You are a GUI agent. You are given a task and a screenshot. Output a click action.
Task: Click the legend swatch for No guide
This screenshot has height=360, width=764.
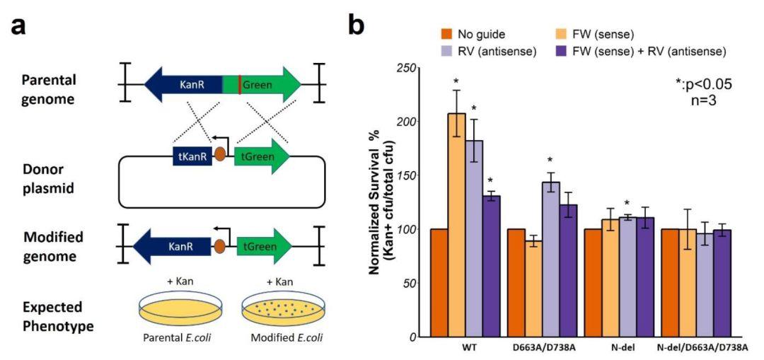tap(446, 34)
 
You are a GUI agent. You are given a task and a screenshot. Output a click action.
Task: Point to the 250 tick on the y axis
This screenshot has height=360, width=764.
tap(405, 68)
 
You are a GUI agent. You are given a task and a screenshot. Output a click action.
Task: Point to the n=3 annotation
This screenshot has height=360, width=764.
tap(702, 100)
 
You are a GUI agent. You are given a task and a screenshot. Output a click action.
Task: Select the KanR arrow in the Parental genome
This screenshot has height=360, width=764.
tap(183, 86)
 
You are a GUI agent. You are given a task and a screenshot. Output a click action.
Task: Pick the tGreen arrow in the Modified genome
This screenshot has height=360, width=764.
tap(264, 246)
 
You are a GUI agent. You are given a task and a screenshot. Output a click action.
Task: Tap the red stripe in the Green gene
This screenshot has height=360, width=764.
tap(240, 86)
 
